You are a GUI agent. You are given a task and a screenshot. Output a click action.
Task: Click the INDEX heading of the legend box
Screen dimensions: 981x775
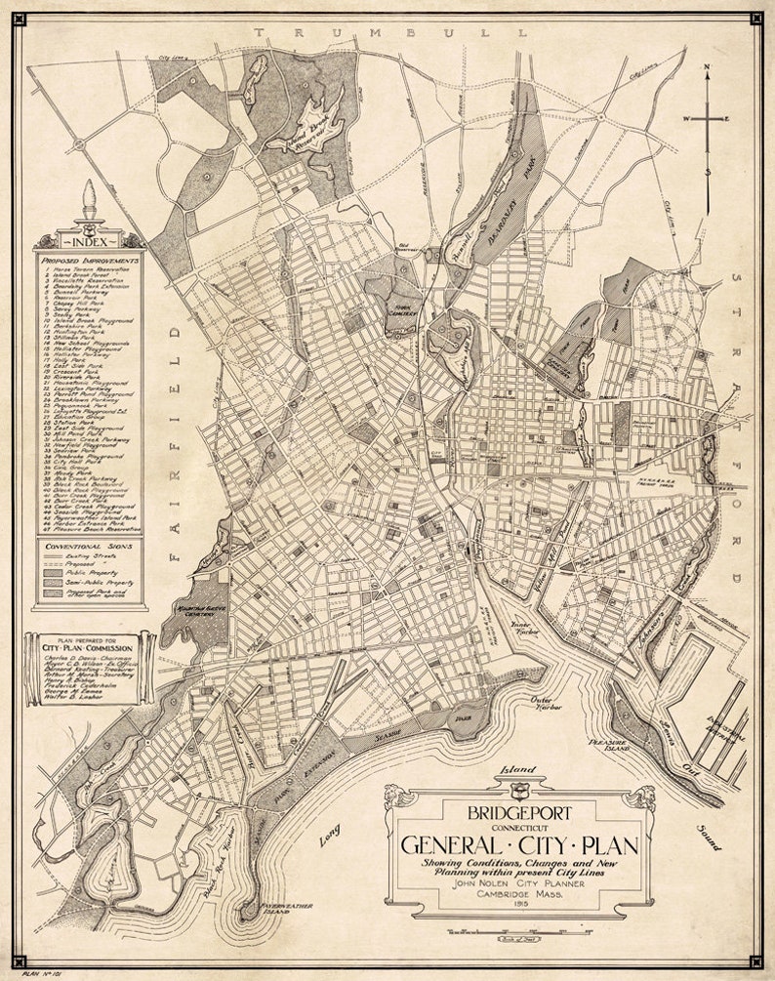[89, 240]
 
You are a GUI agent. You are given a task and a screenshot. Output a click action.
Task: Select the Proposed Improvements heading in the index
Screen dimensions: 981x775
[89, 261]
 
